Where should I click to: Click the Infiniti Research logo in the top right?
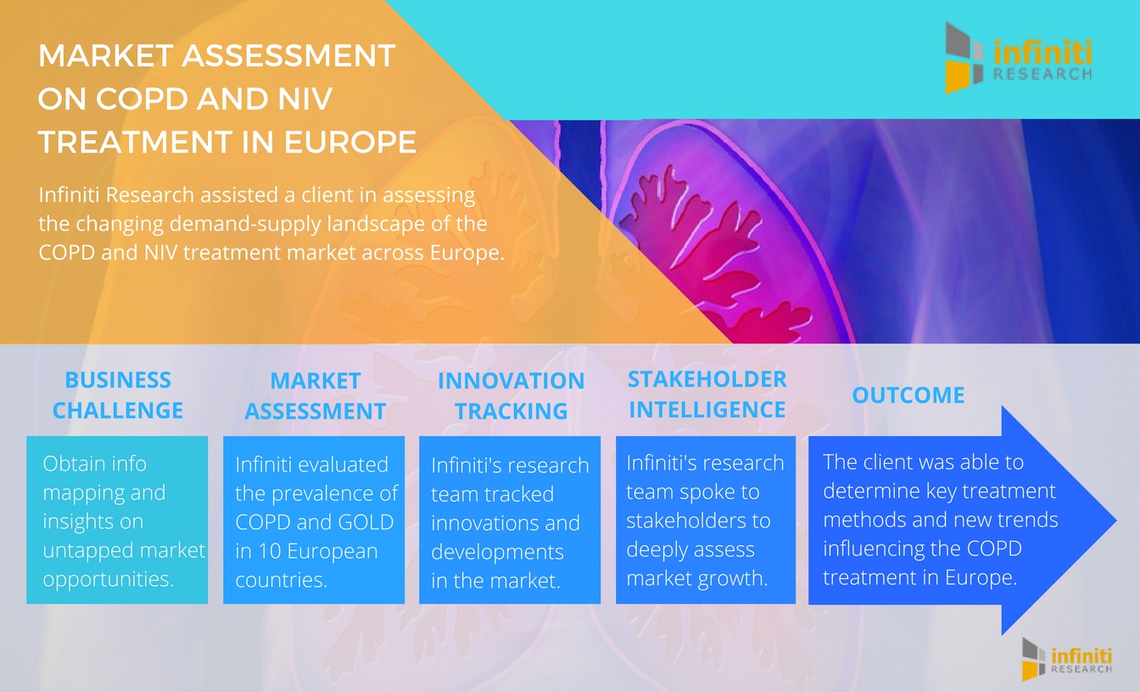pyautogui.click(x=1018, y=58)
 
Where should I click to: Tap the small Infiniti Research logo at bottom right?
pyautogui.click(x=1067, y=659)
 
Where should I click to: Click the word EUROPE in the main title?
pyautogui.click(x=350, y=142)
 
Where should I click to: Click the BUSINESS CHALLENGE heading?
pyautogui.click(x=118, y=395)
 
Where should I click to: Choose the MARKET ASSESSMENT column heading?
pyautogui.click(x=315, y=396)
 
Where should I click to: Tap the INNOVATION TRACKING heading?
pyautogui.click(x=511, y=396)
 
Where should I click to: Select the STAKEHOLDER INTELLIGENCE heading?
pyautogui.click(x=707, y=394)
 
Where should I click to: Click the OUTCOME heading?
pyautogui.click(x=908, y=395)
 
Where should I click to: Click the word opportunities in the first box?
pyautogui.click(x=109, y=579)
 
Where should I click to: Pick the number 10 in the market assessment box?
pyautogui.click(x=271, y=551)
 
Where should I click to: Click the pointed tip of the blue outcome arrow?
pyautogui.click(x=1116, y=520)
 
